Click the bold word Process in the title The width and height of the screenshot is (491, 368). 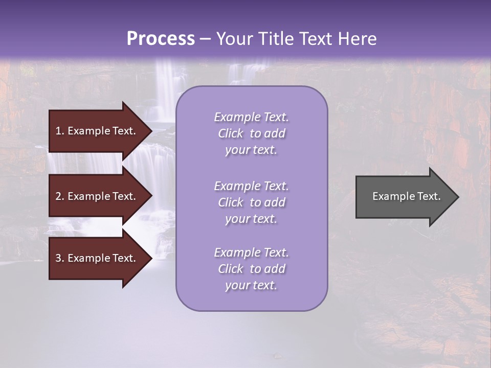coord(161,39)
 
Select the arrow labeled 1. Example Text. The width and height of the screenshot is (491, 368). coord(97,131)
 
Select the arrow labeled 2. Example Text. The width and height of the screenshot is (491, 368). coord(97,196)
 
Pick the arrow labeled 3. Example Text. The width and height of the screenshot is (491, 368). coord(97,258)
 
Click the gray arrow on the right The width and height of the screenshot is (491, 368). coord(404,197)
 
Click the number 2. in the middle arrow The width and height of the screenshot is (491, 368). coord(59,196)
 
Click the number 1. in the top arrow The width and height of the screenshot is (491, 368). coord(59,131)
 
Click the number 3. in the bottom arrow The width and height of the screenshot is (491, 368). coord(59,258)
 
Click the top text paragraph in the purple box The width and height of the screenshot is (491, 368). coord(251,133)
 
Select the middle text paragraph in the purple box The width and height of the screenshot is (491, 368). coord(251,202)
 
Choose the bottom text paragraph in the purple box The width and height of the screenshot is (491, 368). coord(251,269)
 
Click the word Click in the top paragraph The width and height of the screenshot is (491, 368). coord(231,134)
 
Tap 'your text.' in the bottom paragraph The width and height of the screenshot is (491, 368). coord(251,286)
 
